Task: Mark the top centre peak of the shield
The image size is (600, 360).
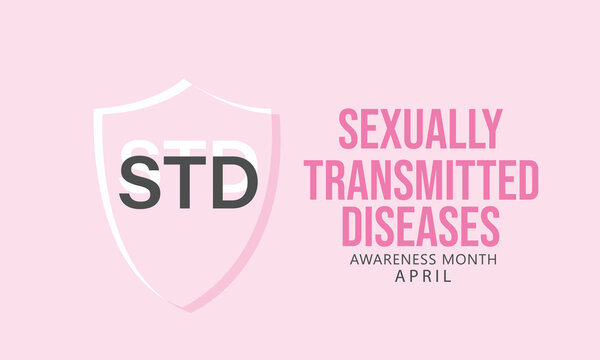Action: [184, 79]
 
